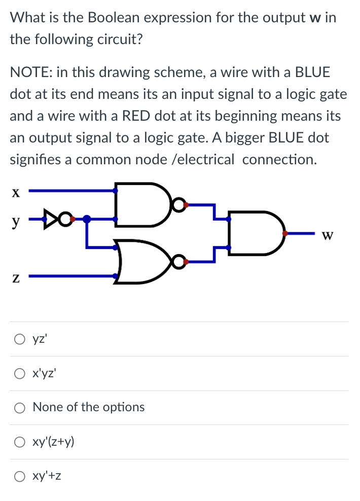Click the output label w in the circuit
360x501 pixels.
pyautogui.click(x=328, y=235)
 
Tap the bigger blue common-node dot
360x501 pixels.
pyautogui.click(x=87, y=219)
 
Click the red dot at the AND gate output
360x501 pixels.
pyautogui.click(x=285, y=233)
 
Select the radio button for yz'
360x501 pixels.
pyautogui.click(x=19, y=339)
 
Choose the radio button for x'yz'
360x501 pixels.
pyautogui.click(x=19, y=374)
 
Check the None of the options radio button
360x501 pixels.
pyautogui.click(x=19, y=408)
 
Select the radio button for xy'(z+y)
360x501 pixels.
pyautogui.click(x=19, y=442)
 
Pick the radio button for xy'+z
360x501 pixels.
pyautogui.click(x=19, y=477)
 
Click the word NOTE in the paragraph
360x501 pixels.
pyautogui.click(x=30, y=72)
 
